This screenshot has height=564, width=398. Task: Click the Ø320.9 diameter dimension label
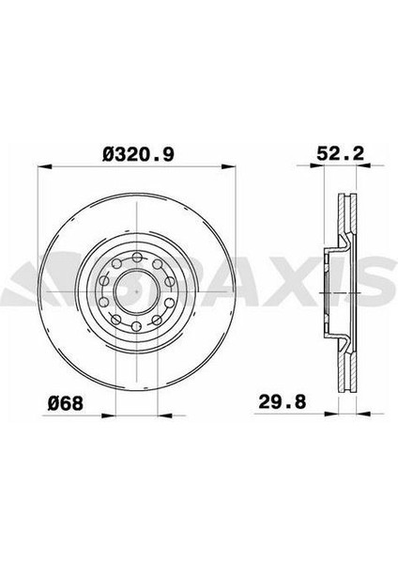click(x=138, y=154)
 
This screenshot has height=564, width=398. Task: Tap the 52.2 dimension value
click(x=340, y=153)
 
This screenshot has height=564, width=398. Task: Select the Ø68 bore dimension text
click(x=66, y=403)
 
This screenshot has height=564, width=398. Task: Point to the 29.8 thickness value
click(x=283, y=401)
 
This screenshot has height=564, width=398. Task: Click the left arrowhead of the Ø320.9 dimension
click(x=44, y=166)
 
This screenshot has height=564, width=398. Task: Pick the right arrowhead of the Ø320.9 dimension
click(x=228, y=166)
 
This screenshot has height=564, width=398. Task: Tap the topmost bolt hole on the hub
click(x=137, y=258)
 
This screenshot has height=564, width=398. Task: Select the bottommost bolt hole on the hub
click(x=136, y=326)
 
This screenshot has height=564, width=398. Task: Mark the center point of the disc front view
click(x=137, y=291)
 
